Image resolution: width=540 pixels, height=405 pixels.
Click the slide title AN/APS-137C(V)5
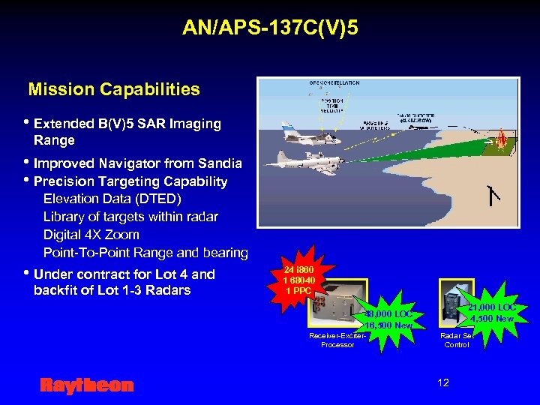[270, 28]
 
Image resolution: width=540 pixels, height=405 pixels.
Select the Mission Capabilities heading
[114, 90]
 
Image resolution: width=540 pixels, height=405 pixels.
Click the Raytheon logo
[86, 385]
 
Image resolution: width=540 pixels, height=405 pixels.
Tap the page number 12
[443, 382]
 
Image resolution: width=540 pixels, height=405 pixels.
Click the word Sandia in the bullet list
[217, 163]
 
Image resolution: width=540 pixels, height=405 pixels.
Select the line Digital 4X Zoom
[91, 235]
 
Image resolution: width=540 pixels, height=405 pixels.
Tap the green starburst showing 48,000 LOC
[388, 319]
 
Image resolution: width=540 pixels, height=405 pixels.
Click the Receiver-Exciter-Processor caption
[337, 340]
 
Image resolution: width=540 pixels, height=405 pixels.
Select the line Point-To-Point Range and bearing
[145, 253]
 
